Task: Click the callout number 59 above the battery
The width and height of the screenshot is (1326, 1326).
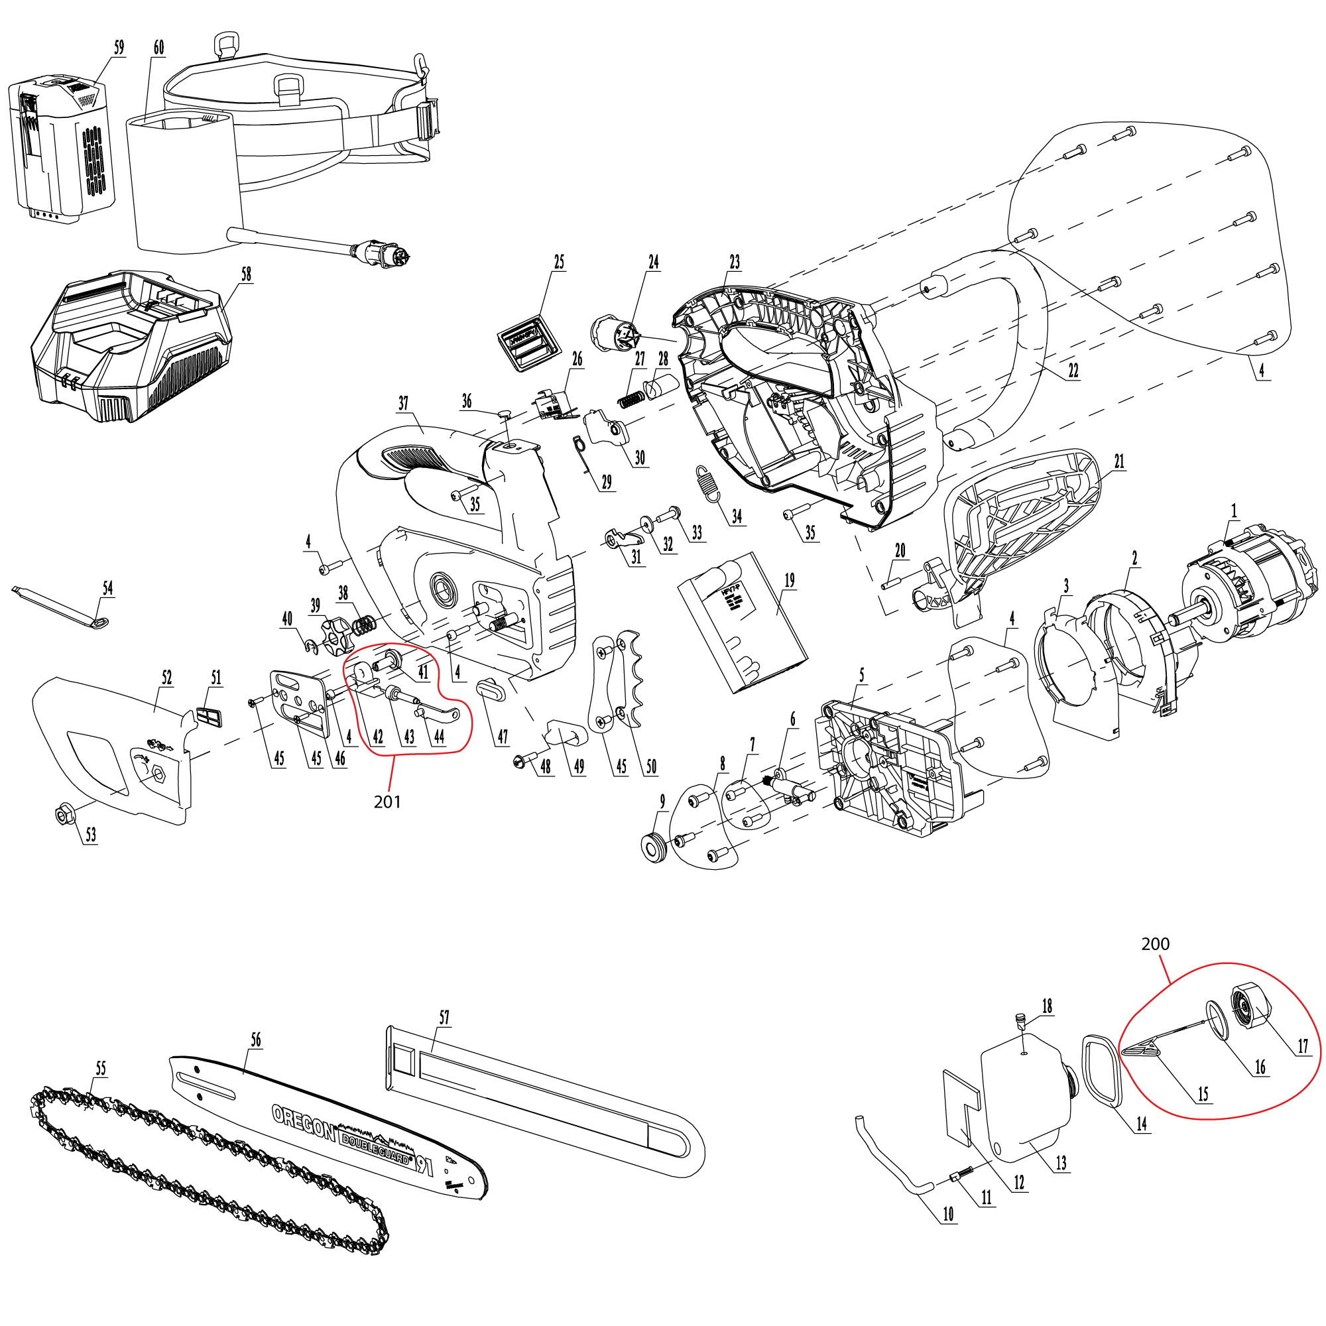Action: pos(119,47)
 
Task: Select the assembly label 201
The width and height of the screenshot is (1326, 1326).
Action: pos(387,802)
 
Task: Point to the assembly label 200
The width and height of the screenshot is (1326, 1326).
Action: pos(1155,943)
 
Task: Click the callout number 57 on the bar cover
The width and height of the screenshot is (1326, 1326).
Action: pos(444,1017)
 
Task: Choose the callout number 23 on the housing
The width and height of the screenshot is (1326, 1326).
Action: pos(735,261)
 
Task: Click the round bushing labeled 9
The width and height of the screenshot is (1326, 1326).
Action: pos(656,845)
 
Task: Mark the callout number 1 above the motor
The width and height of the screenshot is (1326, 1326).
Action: pos(1234,511)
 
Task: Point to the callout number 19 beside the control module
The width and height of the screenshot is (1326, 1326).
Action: pos(789,580)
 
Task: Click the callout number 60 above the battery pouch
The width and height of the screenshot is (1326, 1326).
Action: pos(158,47)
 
